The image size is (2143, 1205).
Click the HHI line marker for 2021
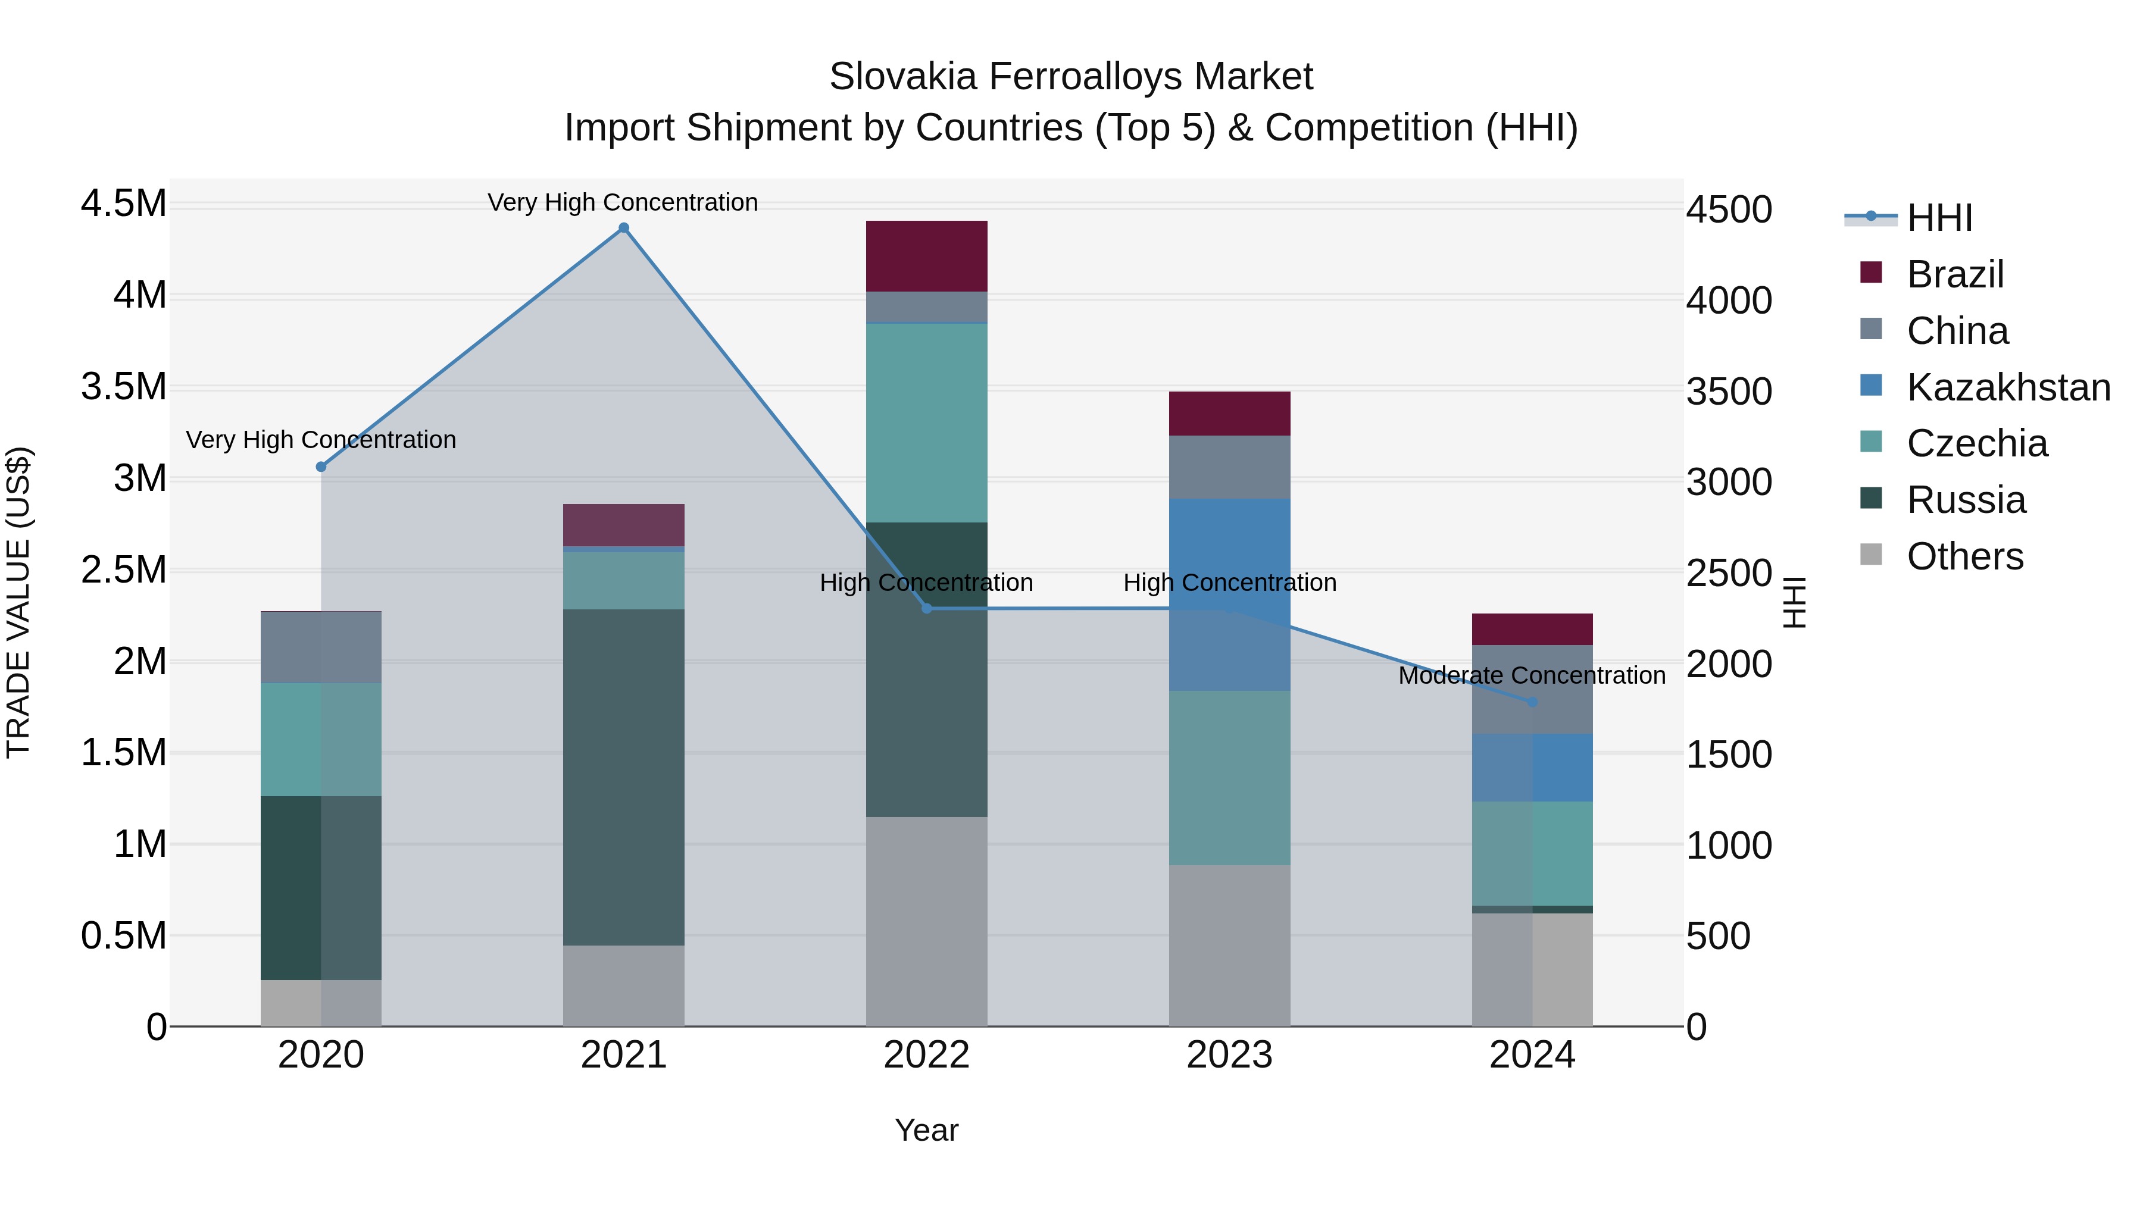tap(623, 228)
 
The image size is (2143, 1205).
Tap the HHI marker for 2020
tap(321, 467)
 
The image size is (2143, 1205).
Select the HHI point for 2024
tap(1532, 702)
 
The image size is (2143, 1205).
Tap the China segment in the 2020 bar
tap(321, 647)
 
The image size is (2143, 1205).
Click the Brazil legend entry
tap(1955, 274)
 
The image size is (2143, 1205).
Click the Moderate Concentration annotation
tap(1532, 675)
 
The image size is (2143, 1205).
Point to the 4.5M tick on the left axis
tap(123, 204)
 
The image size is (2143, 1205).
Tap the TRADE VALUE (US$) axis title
tap(18, 602)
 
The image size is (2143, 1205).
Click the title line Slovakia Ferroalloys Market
tap(1071, 77)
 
